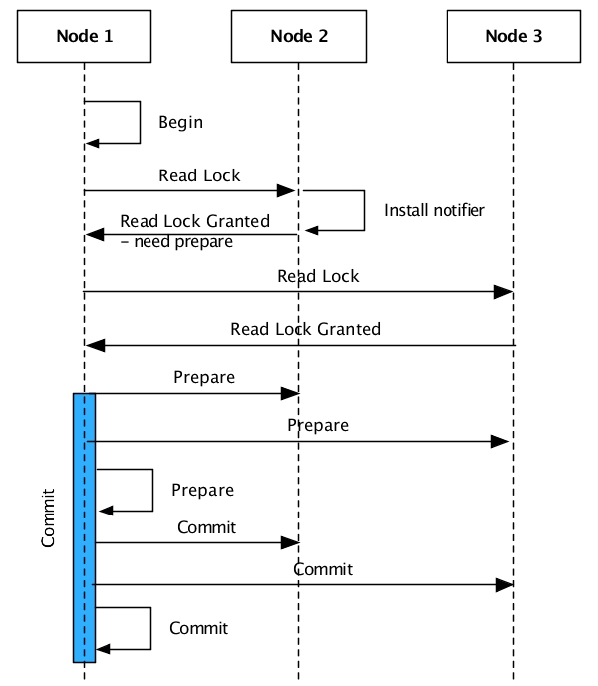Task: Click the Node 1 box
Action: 84,37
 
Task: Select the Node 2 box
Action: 298,37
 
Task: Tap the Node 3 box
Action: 513,37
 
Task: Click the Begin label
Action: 180,123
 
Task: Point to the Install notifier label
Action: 435,210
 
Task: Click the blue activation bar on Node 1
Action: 84,526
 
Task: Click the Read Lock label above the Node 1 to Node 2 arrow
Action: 199,175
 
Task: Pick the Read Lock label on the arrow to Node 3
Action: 318,276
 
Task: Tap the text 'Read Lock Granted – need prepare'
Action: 194,231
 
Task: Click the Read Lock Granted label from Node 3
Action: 305,329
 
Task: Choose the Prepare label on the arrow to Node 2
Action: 204,378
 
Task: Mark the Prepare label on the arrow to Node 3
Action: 318,426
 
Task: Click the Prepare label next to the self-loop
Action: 202,491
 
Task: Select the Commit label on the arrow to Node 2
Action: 207,527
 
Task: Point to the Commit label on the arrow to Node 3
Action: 323,570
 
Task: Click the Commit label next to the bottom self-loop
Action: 198,628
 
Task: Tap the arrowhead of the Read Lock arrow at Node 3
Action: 505,291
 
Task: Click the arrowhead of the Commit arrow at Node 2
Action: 291,542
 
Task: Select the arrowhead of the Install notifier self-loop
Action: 311,230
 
